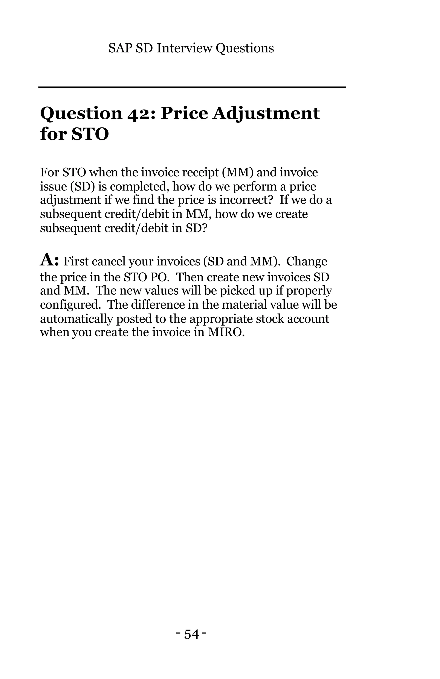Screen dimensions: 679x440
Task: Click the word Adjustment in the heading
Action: (x=266, y=114)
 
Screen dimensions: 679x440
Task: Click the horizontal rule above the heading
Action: (x=192, y=87)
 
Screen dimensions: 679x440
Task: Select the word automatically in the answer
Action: (x=76, y=319)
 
